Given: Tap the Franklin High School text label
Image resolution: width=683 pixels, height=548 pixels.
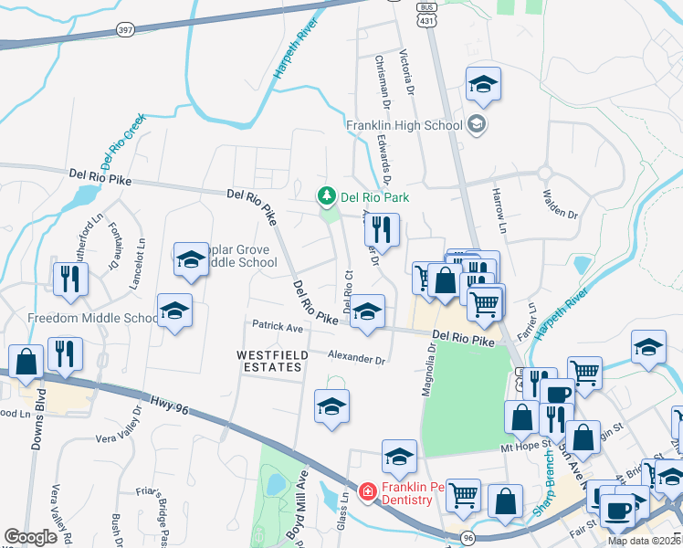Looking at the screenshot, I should (403, 125).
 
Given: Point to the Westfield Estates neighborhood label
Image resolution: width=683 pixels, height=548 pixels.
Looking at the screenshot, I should (269, 360).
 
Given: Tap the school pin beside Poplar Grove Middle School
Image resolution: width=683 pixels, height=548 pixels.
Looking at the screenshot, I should (192, 260).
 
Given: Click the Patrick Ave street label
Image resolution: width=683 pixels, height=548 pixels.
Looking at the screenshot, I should (278, 326).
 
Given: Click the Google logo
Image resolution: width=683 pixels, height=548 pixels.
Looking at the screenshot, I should (31, 537).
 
